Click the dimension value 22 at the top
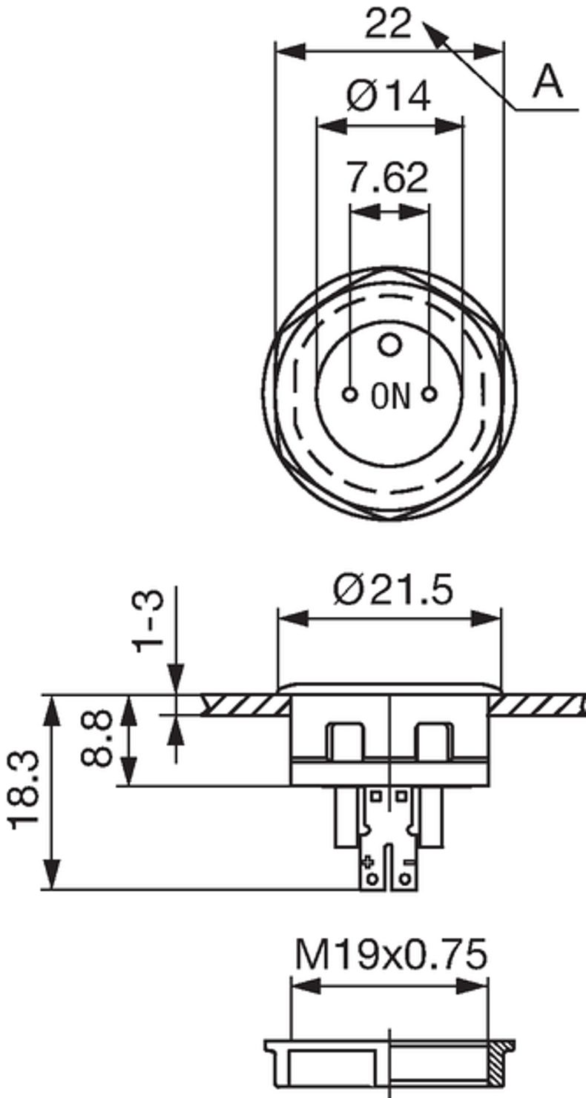click(388, 24)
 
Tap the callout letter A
click(548, 82)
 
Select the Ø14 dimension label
click(388, 96)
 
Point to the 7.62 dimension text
click(388, 178)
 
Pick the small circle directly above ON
click(389, 344)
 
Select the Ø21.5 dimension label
click(392, 591)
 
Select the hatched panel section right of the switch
click(538, 704)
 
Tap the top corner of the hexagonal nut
click(389, 270)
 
